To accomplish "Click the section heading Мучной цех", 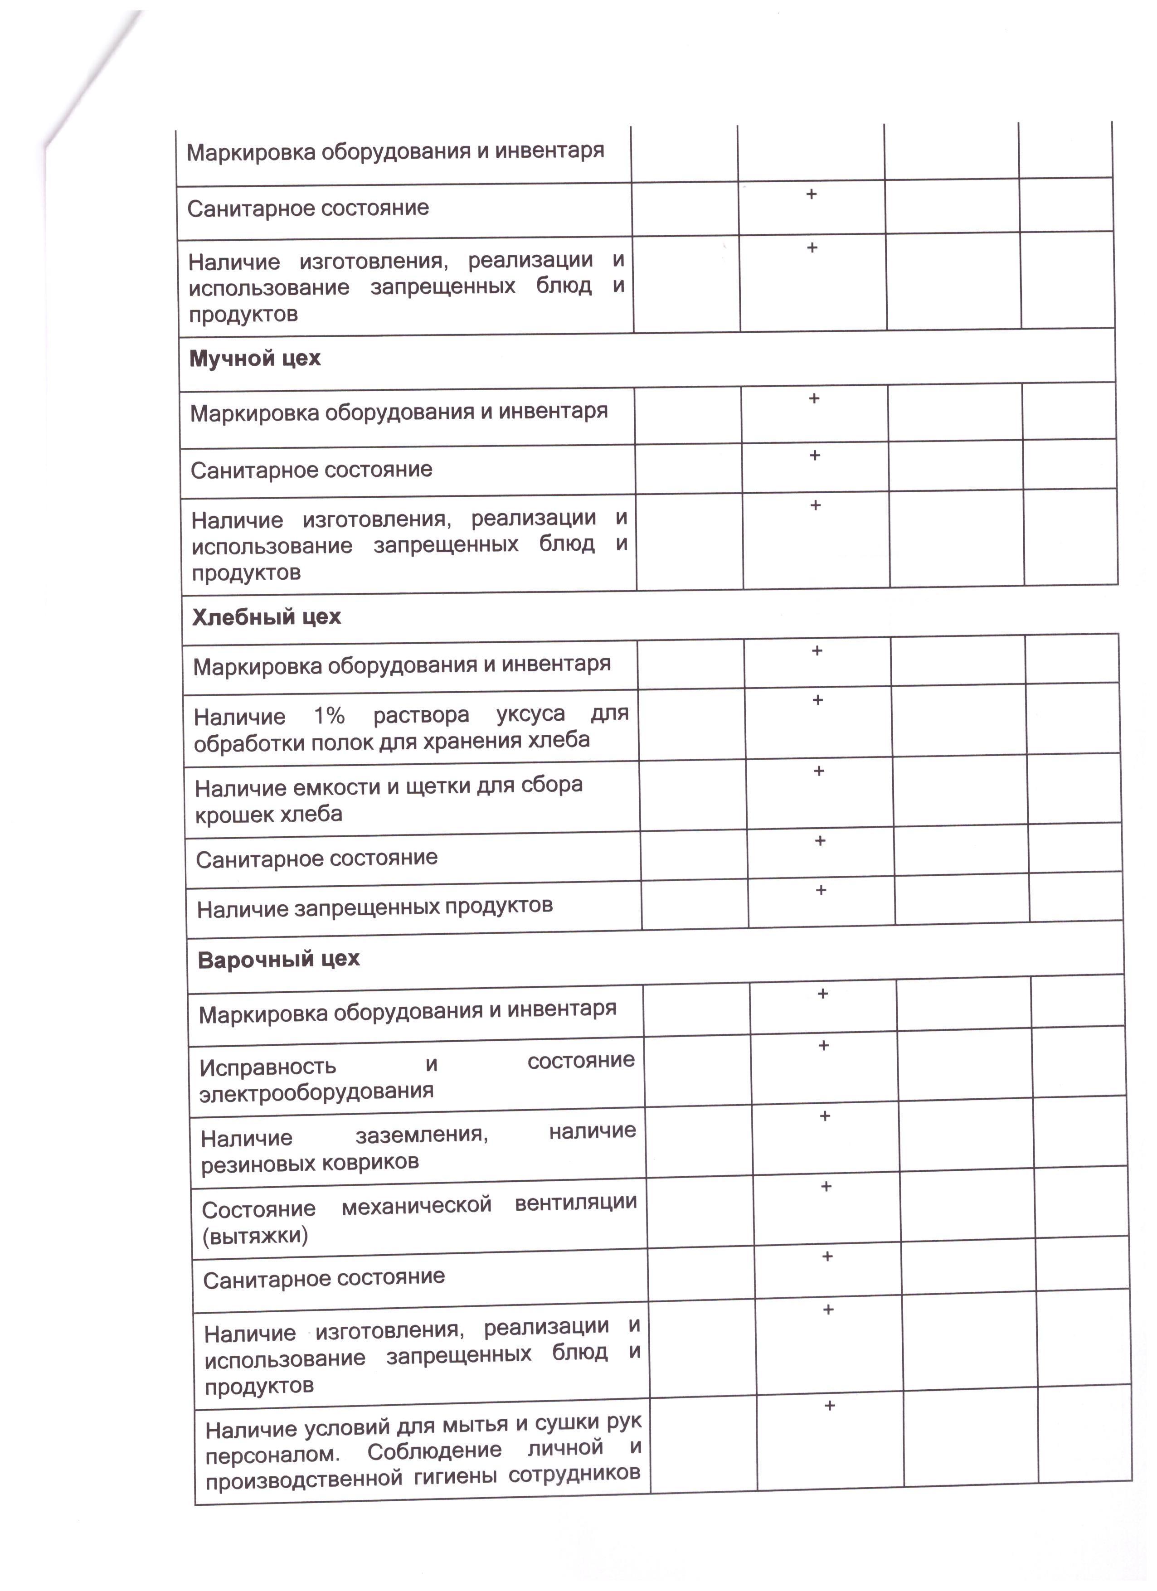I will [x=255, y=359].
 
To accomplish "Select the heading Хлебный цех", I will [x=267, y=617].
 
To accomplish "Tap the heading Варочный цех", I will [x=278, y=959].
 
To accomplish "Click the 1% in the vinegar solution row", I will [x=329, y=716].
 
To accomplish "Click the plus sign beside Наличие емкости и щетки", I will [x=819, y=771].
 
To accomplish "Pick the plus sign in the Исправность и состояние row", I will [x=824, y=1045].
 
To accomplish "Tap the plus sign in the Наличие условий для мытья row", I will [x=829, y=1405].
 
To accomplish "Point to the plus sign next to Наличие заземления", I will [x=825, y=1116].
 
